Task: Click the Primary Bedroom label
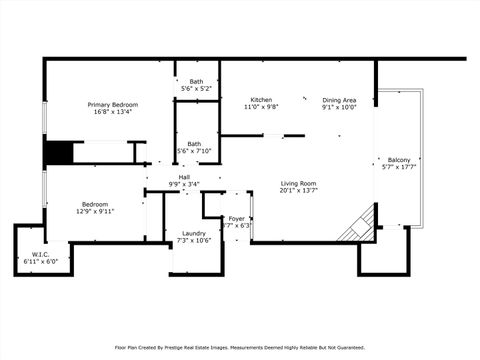point(112,105)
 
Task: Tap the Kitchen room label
point(262,100)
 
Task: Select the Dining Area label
point(339,100)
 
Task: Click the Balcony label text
point(399,160)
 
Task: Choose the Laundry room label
point(194,233)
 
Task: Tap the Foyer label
point(237,218)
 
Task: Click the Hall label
point(184,177)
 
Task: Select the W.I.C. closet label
point(40,254)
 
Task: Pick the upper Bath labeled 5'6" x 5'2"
point(196,82)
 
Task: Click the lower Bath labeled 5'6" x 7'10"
point(194,143)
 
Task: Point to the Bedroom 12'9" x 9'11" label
point(95,204)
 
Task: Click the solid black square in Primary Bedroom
point(59,153)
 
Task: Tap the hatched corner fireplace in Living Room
point(360,226)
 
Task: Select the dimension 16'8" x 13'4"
point(112,112)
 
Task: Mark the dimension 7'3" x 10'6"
point(194,240)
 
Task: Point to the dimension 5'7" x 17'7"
point(399,167)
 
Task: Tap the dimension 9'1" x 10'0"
point(339,107)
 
